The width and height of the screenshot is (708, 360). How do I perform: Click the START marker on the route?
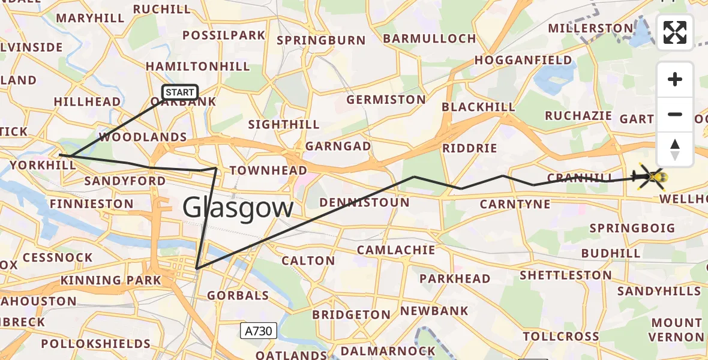179,92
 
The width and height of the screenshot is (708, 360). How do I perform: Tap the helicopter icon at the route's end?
653,177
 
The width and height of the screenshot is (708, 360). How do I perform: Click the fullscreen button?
675,32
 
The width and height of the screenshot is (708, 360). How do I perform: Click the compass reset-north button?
675,149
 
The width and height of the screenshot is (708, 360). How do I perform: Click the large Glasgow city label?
238,208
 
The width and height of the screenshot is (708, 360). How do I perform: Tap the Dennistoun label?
364,203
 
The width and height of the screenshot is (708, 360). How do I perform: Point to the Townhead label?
268,171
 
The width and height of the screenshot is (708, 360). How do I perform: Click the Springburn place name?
321,41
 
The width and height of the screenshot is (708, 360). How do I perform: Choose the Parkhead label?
455,279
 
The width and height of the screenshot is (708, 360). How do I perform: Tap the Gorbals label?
238,296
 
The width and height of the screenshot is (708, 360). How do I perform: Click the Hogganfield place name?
523,61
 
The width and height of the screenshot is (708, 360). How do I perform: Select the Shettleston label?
566,275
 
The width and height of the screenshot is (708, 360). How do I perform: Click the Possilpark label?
227,35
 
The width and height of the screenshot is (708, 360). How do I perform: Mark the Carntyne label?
515,205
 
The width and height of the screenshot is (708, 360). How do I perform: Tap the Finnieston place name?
91,204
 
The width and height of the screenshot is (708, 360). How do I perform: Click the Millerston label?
590,29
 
